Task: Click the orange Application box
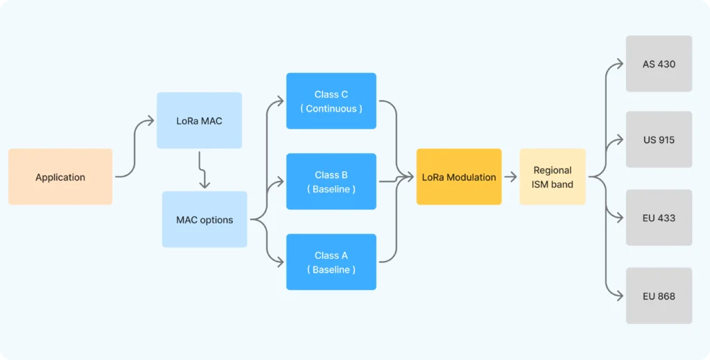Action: (x=60, y=177)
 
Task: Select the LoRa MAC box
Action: (x=199, y=121)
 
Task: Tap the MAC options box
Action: (x=205, y=220)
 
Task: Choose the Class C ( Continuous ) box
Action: (x=331, y=101)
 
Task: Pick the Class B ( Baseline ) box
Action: (x=331, y=182)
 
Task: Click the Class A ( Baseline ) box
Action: (x=331, y=262)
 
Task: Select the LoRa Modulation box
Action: (x=459, y=177)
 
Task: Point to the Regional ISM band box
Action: (x=553, y=177)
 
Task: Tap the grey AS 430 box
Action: (x=659, y=64)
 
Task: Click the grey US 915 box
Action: (x=659, y=139)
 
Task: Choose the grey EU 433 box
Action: (x=659, y=218)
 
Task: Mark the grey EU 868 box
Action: (x=659, y=296)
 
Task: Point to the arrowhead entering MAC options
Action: (x=205, y=185)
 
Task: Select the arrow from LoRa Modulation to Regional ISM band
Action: (x=510, y=177)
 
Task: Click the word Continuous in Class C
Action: (x=331, y=109)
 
